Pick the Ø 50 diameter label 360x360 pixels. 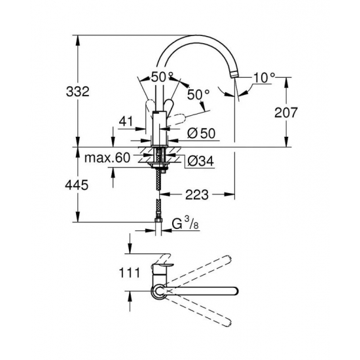[x=201, y=134]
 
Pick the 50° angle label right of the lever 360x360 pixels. [x=198, y=95]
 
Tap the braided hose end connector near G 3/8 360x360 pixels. [x=158, y=221]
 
